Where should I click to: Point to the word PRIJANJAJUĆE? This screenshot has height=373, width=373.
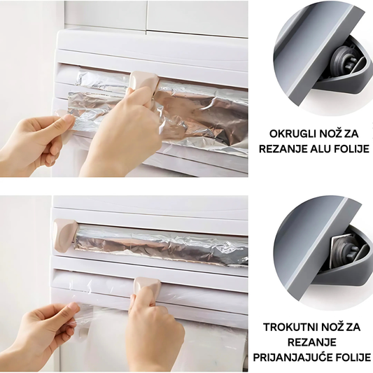point(290,358)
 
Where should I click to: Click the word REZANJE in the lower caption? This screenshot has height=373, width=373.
point(312,342)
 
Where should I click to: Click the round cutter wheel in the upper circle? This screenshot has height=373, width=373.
point(341,62)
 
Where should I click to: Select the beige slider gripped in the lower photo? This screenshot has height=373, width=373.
point(147,288)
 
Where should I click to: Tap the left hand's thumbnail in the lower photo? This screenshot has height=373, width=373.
point(73,307)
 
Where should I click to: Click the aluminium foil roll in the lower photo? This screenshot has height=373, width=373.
point(161,246)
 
